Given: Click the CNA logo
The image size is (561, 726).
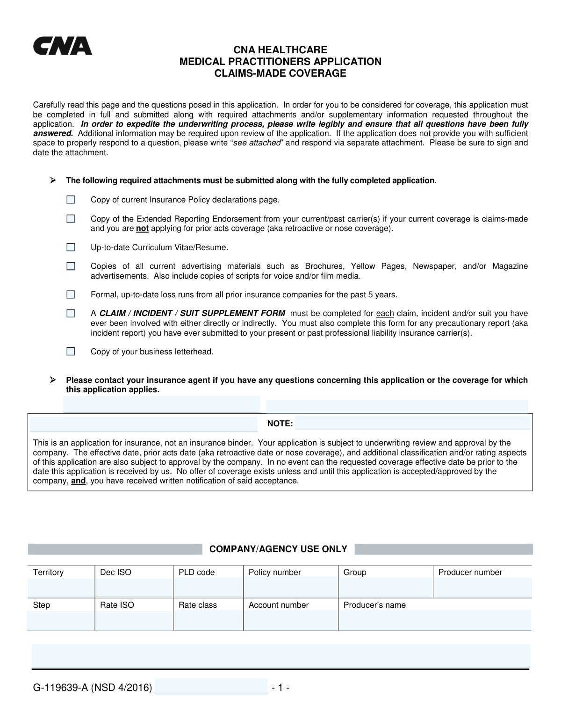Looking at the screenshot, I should click(x=63, y=46).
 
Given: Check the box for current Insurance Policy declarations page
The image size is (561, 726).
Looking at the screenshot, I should click(x=71, y=200).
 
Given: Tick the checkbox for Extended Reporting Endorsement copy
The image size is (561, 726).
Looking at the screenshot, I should click(x=71, y=219).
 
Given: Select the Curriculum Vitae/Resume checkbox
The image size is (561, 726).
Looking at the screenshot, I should click(x=71, y=247).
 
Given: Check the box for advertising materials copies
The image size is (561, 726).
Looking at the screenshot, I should click(x=71, y=266).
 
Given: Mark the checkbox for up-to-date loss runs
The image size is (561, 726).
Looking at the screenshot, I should click(x=71, y=295).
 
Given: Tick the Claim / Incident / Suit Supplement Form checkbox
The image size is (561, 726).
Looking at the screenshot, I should click(x=71, y=314).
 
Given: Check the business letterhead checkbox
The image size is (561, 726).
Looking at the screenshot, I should click(x=71, y=352).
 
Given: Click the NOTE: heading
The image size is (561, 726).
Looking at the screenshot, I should click(x=280, y=424).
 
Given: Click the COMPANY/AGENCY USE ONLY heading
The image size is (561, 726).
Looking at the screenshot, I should click(x=278, y=549).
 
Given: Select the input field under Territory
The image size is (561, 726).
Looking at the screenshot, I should click(x=61, y=588).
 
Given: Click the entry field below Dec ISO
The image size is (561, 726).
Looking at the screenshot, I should click(x=134, y=588).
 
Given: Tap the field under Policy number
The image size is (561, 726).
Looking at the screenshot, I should click(x=290, y=588).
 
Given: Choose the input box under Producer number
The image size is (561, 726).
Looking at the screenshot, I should click(x=482, y=588).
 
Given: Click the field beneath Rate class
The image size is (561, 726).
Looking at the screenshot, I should click(x=208, y=621).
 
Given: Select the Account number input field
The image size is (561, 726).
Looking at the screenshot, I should click(x=290, y=621).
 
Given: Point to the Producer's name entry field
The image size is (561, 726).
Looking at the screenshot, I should click(x=434, y=621).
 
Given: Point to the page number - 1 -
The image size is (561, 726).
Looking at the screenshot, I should click(x=280, y=688).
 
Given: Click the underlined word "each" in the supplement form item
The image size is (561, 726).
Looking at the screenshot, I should click(x=385, y=314).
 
